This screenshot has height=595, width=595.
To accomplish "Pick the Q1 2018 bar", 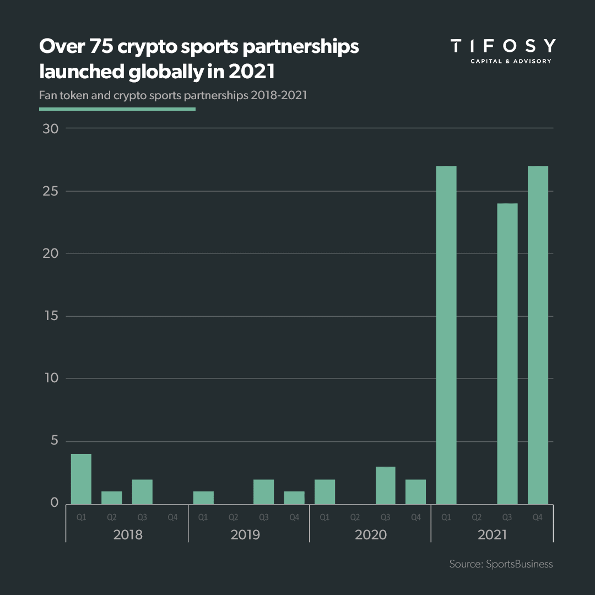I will [x=81, y=479].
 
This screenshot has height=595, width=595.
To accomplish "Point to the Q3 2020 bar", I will [x=386, y=485].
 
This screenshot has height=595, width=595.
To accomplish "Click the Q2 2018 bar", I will [x=111, y=497].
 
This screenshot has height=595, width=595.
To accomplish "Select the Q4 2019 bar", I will [x=294, y=497].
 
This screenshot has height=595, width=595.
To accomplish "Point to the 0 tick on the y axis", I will [x=54, y=503].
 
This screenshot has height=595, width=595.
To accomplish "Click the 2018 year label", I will [x=127, y=534].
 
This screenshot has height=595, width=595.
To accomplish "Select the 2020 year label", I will [x=370, y=534].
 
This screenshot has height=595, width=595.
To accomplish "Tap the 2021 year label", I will [x=491, y=534].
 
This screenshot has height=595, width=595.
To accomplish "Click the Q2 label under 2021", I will [x=477, y=517].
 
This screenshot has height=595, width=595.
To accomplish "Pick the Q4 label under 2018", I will [x=172, y=517].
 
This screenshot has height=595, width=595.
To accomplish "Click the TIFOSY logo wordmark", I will [x=502, y=46].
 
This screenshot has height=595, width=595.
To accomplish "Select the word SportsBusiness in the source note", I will [x=520, y=564].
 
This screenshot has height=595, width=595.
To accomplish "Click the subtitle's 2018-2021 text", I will [x=278, y=95].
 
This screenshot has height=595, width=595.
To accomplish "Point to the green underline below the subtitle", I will [x=117, y=109].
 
